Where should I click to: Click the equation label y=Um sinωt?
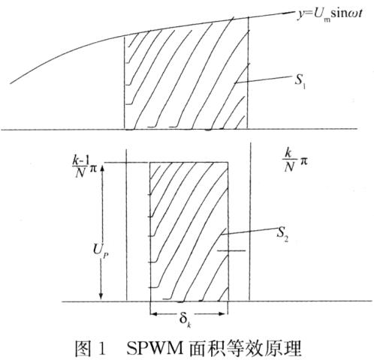click(x=330, y=14)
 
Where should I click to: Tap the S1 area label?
click(x=300, y=81)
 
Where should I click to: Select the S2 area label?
click(x=282, y=233)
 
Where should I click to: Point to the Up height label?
click(x=101, y=250)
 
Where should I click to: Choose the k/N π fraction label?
click(x=295, y=160)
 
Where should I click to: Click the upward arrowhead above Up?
click(x=102, y=170)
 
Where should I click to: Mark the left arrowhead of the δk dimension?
click(x=154, y=314)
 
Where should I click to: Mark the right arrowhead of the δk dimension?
click(x=223, y=314)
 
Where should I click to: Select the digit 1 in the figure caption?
click(x=102, y=349)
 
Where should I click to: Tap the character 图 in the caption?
click(x=83, y=348)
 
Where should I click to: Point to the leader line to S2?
click(x=249, y=231)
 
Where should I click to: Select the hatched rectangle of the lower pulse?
click(x=189, y=232)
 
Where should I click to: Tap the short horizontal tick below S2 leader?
click(x=231, y=250)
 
